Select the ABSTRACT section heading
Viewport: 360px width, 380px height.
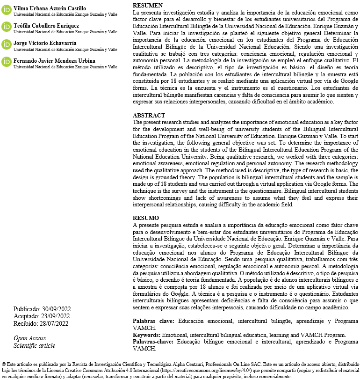149,116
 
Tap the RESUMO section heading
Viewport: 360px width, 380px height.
146,218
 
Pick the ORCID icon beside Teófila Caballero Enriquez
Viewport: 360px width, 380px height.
7,27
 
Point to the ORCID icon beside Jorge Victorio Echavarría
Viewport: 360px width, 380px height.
7,44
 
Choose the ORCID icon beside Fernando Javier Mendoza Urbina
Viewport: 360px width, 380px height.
7,62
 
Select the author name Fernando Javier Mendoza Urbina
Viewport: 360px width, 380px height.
54,60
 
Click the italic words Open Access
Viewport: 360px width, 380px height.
30,338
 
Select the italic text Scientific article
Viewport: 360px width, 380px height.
34,346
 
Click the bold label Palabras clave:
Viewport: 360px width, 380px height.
153,322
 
